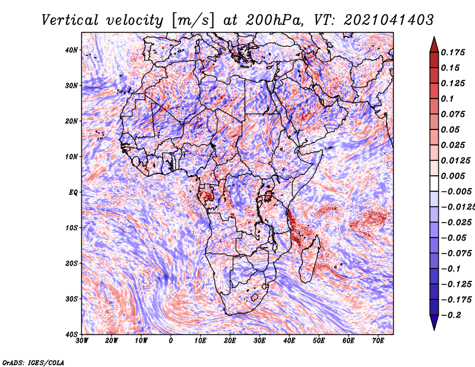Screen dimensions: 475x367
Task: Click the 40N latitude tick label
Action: point(71,50)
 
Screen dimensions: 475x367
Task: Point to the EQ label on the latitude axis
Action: point(73,192)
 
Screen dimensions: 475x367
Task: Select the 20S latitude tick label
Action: point(71,263)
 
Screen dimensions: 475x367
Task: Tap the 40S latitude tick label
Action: point(71,334)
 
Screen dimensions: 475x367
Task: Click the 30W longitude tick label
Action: point(82,341)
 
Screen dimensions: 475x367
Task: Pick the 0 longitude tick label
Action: point(171,341)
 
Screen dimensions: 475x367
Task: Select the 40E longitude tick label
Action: point(289,341)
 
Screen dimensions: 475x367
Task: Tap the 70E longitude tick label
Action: point(378,341)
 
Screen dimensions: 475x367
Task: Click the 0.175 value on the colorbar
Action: point(452,53)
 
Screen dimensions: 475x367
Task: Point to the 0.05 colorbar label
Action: point(450,129)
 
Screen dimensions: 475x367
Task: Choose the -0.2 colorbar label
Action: point(451,315)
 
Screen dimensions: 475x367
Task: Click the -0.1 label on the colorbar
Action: point(451,269)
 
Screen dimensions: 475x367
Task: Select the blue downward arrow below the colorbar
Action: point(434,322)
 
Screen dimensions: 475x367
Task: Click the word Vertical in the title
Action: point(70,20)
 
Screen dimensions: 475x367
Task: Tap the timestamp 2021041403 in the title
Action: point(389,20)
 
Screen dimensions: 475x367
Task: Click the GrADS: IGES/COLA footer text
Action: point(33,363)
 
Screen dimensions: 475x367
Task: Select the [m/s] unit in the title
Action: point(193,21)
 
